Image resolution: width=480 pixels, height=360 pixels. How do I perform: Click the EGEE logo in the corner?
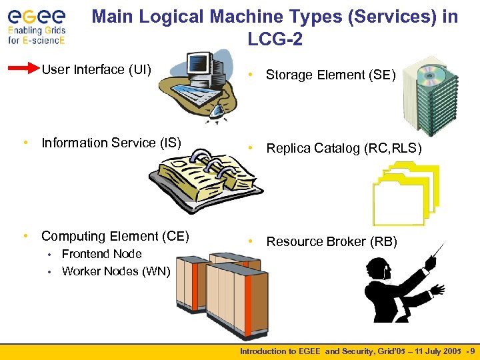37,25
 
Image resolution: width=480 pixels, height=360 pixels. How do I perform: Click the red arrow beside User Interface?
25,69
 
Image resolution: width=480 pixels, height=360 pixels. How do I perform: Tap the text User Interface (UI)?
97,69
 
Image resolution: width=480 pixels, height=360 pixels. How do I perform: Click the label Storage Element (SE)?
331,75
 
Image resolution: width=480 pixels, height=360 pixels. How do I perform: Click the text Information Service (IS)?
111,143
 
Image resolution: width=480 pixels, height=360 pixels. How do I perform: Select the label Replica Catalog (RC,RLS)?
344,149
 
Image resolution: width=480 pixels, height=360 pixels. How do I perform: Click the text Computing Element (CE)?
115,236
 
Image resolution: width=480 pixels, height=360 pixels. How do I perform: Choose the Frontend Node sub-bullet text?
101,254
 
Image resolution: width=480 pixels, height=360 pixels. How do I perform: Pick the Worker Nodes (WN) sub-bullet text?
115,271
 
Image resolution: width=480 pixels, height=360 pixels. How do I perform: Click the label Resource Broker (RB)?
331,242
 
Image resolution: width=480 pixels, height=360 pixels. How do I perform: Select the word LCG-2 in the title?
275,40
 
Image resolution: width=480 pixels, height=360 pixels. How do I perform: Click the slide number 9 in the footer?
472,351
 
